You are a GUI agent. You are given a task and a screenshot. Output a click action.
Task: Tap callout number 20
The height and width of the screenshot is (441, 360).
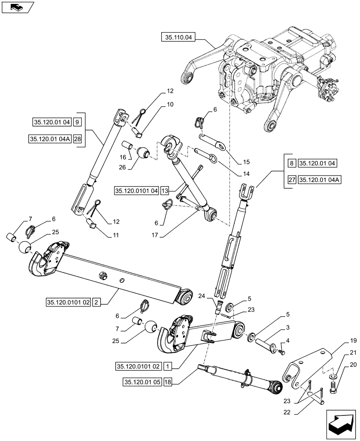tap(341, 365)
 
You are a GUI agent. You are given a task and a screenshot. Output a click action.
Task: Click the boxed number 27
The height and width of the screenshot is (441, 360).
tap(292, 180)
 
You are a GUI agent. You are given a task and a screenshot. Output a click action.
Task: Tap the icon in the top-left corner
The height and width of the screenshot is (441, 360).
tap(17, 7)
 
